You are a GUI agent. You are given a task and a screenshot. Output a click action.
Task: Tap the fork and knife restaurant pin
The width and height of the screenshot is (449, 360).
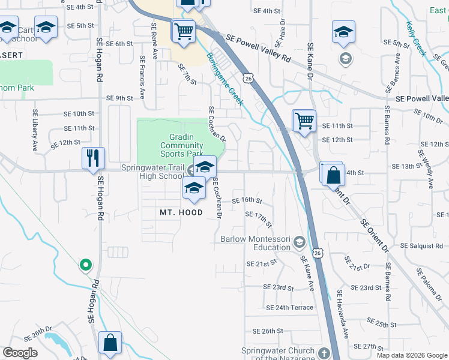pyautogui.click(x=93, y=158)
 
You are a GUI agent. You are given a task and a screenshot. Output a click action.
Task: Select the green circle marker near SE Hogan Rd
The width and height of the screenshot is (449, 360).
pyautogui.click(x=86, y=264)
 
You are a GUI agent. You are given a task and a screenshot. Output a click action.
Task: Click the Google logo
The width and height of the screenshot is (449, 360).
pyautogui.click(x=20, y=353)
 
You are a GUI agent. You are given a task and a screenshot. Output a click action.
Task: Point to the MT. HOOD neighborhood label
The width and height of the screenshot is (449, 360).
pyautogui.click(x=181, y=212)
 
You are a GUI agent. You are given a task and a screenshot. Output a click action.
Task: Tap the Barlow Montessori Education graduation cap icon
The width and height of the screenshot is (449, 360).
pyautogui.click(x=299, y=242)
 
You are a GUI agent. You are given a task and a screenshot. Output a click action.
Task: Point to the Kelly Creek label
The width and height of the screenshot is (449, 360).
pyautogui.click(x=416, y=38)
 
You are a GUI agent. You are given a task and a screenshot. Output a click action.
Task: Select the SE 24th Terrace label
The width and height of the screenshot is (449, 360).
pyautogui.click(x=289, y=307)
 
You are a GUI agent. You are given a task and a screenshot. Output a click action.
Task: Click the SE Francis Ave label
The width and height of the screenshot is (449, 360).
pyautogui.click(x=142, y=77)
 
